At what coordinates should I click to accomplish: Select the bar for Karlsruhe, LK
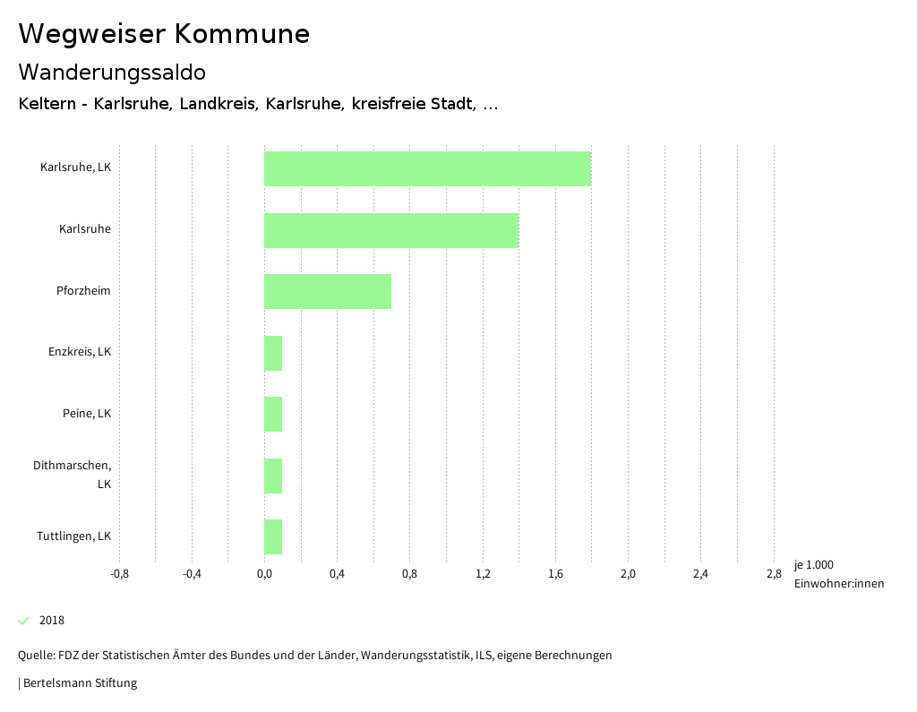(427, 168)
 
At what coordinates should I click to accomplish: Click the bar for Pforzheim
(328, 291)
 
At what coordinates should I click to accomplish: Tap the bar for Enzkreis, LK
(273, 353)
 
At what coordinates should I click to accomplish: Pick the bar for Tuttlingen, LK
(273, 536)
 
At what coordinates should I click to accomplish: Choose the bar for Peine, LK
(273, 414)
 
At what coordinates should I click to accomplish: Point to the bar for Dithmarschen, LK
(273, 476)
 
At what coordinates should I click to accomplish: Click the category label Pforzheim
(90, 291)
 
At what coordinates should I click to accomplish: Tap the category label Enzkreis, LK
(80, 352)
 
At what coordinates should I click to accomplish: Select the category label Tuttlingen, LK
(74, 536)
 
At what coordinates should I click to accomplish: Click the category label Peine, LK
(87, 414)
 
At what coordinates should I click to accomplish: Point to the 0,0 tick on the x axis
(264, 574)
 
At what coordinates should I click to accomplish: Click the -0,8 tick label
(119, 574)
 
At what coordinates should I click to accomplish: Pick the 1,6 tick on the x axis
(555, 574)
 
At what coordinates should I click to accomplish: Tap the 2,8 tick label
(774, 574)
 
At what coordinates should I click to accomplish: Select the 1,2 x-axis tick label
(483, 574)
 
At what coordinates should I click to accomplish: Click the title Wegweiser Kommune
(164, 34)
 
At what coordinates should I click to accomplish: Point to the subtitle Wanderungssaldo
(112, 72)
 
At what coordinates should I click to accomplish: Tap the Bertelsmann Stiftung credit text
(79, 683)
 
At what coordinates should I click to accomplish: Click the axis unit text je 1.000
(813, 565)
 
